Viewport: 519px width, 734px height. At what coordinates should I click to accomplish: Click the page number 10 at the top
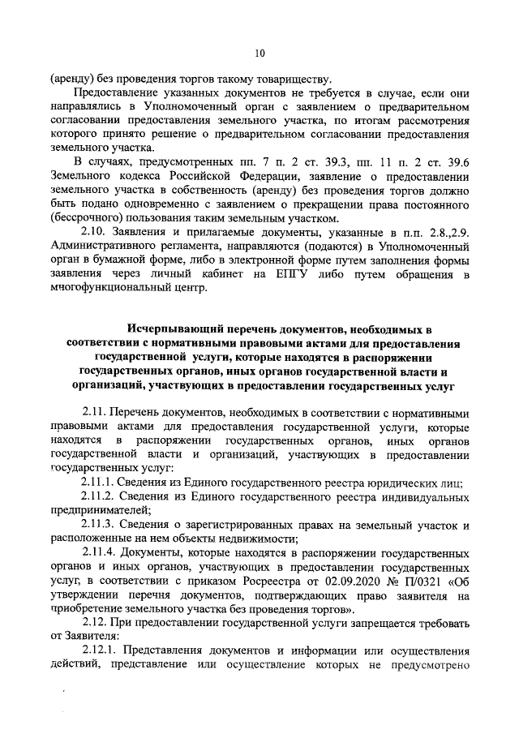point(259,54)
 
